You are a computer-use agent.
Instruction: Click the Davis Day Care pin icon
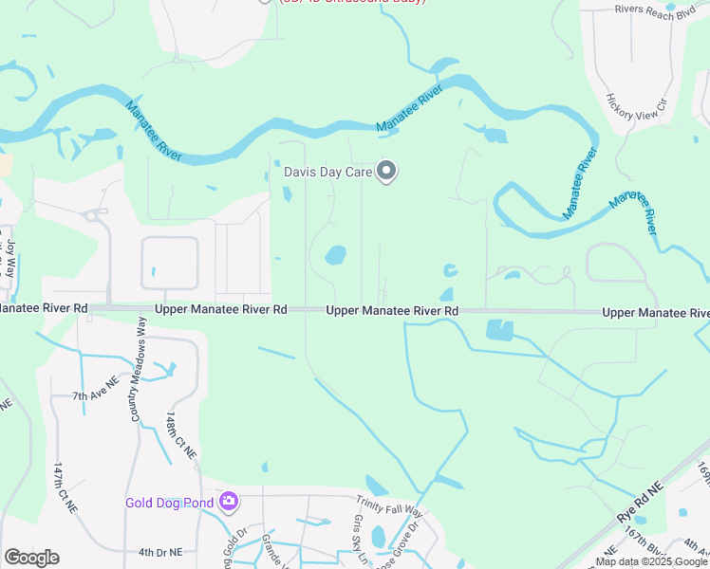[x=386, y=172]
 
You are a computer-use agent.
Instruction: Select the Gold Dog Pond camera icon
[x=228, y=501]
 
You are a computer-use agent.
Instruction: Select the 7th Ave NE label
[x=95, y=394]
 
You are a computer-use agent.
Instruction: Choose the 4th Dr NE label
[x=159, y=551]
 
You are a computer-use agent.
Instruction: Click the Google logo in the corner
[x=31, y=558]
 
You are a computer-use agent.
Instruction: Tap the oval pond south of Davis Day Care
[x=335, y=255]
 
